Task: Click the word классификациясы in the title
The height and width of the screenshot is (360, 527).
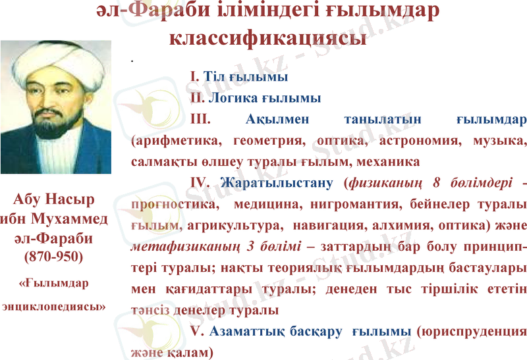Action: click(267, 38)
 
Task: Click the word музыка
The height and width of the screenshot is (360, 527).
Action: click(495, 140)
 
